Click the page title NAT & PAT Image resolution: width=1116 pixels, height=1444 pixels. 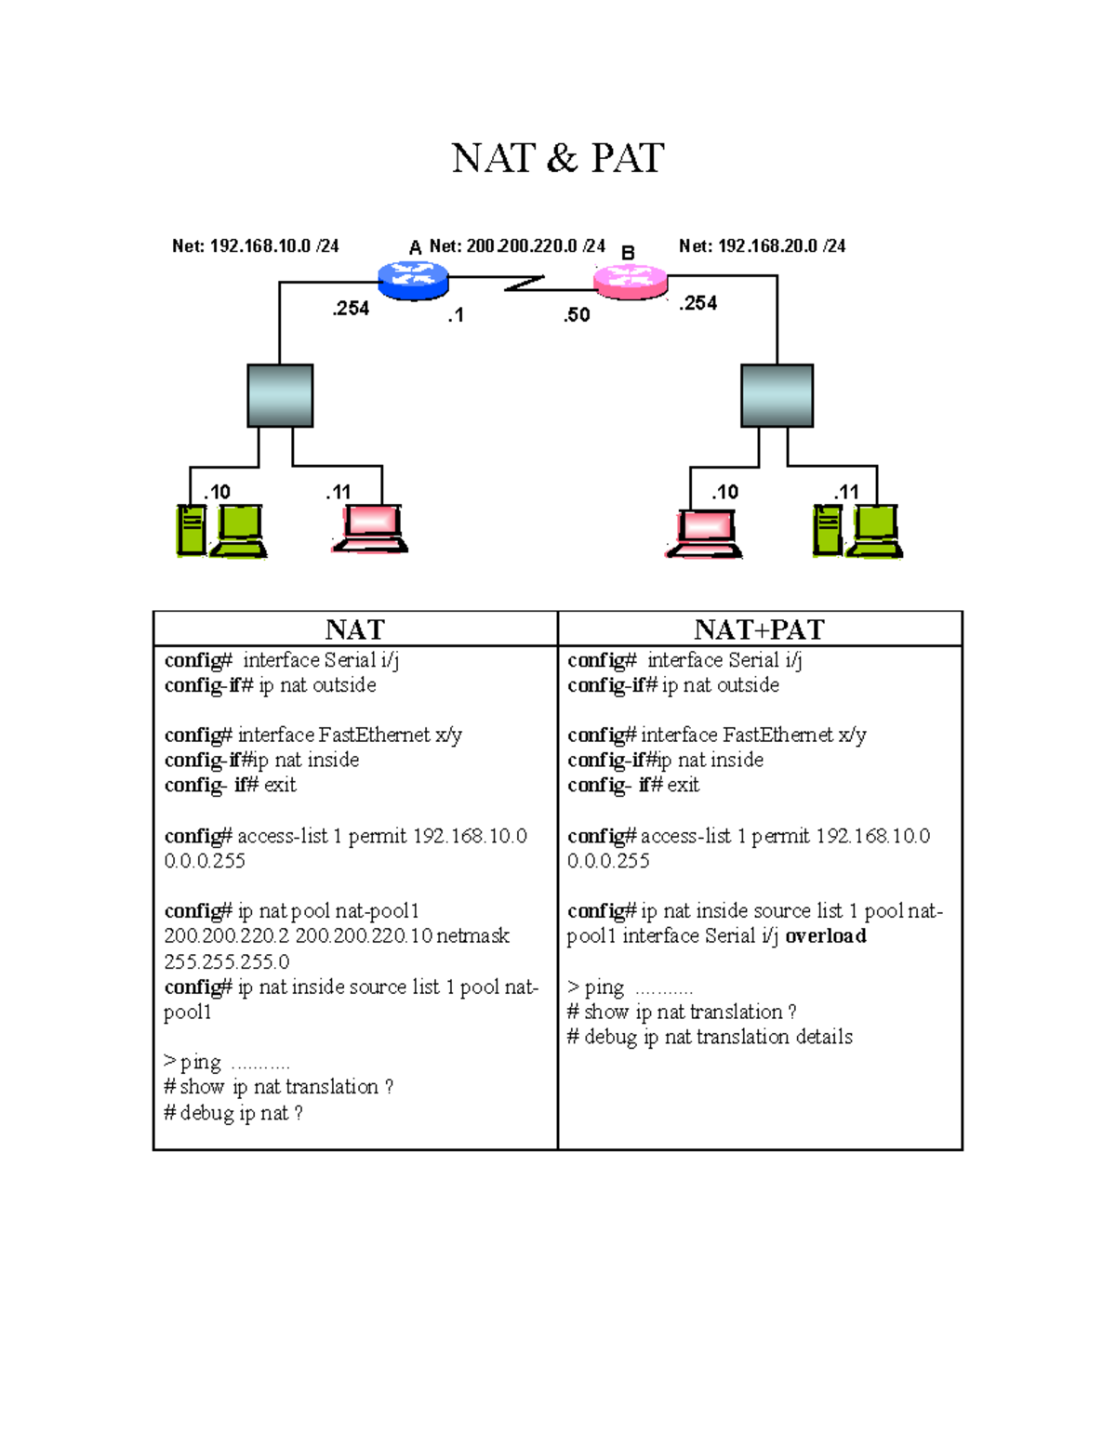coord(557,158)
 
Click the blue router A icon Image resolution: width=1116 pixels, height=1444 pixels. coord(414,279)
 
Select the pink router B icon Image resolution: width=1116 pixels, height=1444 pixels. coord(631,281)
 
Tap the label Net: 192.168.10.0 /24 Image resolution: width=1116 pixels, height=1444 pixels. coord(255,246)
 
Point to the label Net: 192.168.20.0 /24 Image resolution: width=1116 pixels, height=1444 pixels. coord(762,246)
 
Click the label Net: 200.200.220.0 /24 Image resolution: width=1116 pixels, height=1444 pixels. coord(516,246)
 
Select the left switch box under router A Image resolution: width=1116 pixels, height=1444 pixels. coord(280,395)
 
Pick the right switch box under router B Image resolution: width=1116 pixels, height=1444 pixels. coord(777,395)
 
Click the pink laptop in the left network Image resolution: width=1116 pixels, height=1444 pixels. coord(370,529)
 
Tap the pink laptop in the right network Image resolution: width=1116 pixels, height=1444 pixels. coord(705,534)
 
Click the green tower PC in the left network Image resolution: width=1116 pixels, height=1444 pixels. coord(192,530)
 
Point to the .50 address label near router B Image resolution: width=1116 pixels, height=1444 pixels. coord(577,315)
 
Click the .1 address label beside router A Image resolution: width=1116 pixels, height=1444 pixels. coord(456,316)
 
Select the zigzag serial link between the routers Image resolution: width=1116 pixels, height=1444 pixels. coord(524,283)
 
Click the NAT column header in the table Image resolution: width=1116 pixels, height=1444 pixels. coord(354,629)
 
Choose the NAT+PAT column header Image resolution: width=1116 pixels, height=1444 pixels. coord(759,629)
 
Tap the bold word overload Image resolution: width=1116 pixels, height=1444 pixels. coord(826,936)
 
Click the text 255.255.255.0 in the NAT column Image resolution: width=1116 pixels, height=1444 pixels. coord(227,961)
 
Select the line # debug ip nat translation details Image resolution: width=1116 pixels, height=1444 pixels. coord(710,1037)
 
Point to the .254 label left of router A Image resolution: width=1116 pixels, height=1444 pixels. coord(351,309)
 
